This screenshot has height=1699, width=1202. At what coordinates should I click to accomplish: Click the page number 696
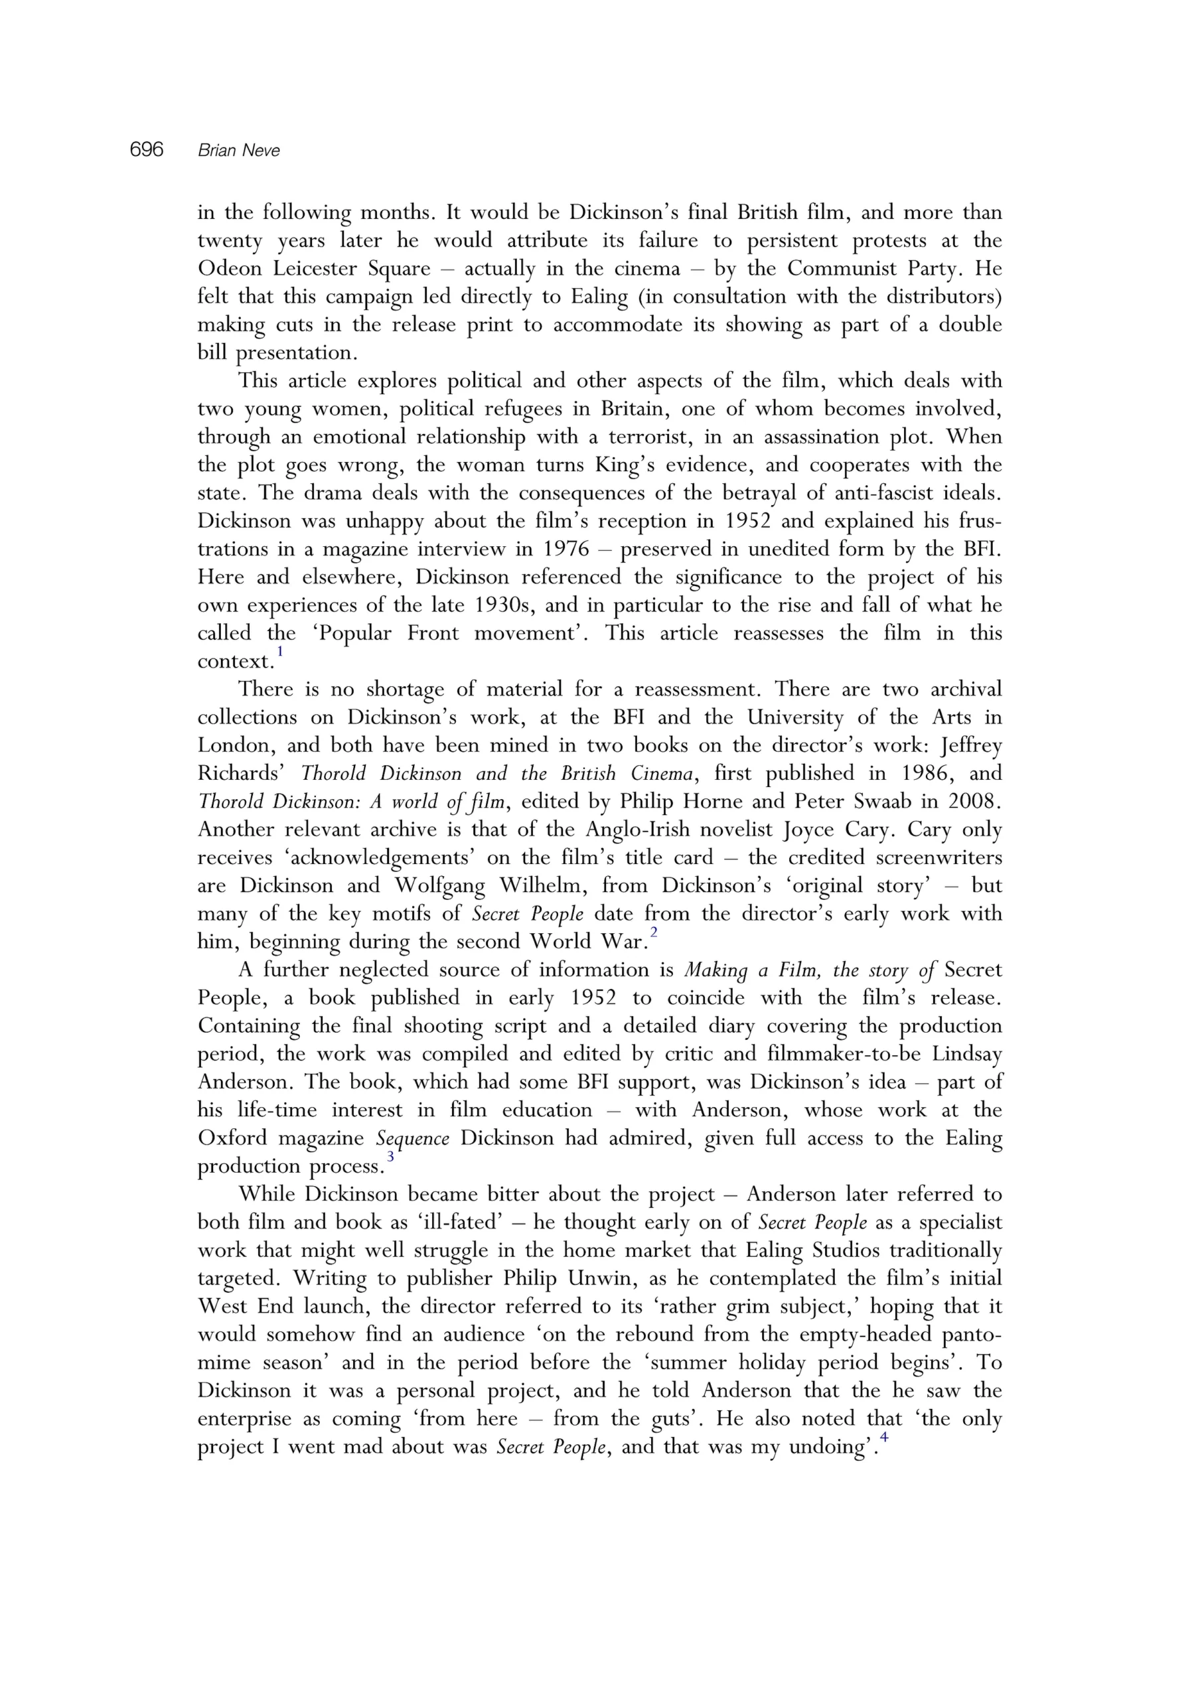click(146, 150)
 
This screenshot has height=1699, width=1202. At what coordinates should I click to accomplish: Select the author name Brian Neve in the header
click(239, 151)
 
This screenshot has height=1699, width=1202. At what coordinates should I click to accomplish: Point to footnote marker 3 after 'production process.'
click(391, 1157)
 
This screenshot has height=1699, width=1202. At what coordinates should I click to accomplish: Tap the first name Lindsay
click(964, 1054)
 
